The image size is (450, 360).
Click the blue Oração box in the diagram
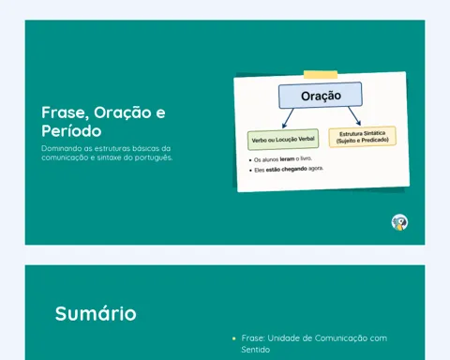[x=321, y=96]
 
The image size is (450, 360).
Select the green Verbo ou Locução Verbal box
[x=283, y=140]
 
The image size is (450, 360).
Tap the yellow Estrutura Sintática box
[x=363, y=137]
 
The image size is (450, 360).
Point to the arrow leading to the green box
[x=288, y=118]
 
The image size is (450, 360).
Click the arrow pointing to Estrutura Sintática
[x=354, y=116]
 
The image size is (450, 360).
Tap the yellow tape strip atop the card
[x=321, y=75]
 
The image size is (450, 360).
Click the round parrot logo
[x=399, y=222]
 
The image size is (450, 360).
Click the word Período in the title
[x=71, y=131]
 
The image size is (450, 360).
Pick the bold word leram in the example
[x=287, y=159]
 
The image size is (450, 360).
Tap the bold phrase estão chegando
[x=287, y=170]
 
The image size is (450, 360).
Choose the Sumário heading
[x=96, y=313]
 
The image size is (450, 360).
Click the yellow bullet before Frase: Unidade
[x=234, y=338]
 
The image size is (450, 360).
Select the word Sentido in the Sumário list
[x=256, y=350]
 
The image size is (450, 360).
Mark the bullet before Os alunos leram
[x=250, y=160]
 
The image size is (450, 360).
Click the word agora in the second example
[x=316, y=169]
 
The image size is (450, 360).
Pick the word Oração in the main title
[x=123, y=112]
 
